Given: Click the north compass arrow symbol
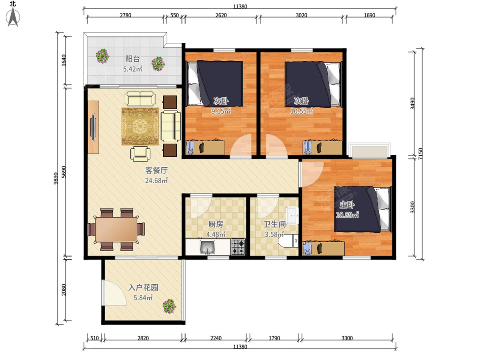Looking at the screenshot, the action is click(13, 17).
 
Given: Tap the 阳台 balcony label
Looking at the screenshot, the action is click(132, 59).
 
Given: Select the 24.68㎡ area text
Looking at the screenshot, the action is click(156, 180).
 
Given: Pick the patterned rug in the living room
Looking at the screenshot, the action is click(140, 126).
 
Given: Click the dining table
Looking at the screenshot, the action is click(116, 230).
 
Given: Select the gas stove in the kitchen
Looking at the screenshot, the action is click(238, 247).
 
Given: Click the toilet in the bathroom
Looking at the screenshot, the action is click(288, 241).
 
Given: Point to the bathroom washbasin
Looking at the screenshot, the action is click(292, 216).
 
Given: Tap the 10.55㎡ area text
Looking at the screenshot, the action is click(302, 111).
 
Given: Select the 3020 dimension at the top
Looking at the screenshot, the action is click(301, 15).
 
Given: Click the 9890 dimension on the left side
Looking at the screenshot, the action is click(56, 178).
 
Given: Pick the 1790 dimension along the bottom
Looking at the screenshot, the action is click(274, 338).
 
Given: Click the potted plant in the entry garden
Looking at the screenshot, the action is click(169, 306).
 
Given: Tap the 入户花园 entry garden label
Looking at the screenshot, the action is click(143, 288).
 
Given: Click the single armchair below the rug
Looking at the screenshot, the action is click(140, 154).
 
